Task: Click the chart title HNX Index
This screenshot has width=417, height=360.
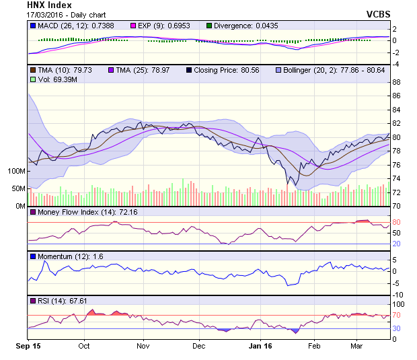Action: (x=49, y=5)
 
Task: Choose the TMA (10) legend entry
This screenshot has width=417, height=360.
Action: (x=34, y=69)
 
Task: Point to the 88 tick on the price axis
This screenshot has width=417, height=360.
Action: (x=396, y=82)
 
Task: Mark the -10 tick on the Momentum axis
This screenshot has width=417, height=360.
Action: (x=397, y=294)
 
